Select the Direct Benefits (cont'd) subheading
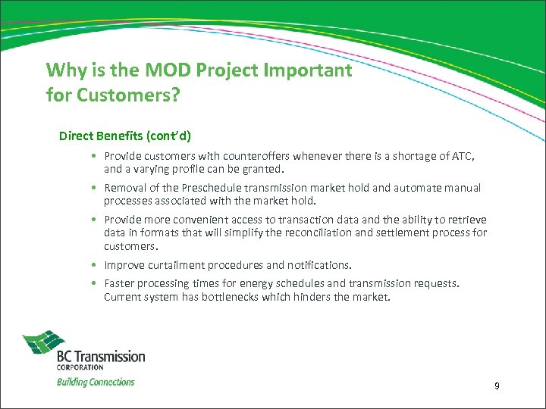125,136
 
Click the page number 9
497,387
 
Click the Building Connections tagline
96,382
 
